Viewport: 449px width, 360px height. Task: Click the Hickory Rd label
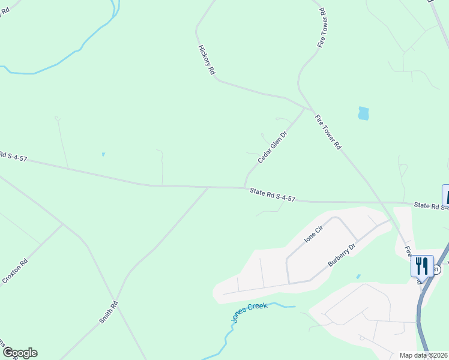[206, 59]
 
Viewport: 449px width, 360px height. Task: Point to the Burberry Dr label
[342, 255]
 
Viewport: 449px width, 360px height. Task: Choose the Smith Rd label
[109, 313]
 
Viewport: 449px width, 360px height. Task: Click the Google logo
[19, 353]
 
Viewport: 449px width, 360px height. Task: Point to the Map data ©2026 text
[423, 355]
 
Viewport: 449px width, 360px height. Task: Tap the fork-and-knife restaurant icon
[422, 265]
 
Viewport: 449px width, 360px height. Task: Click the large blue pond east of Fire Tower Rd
[363, 113]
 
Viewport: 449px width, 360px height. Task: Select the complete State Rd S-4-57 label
[273, 194]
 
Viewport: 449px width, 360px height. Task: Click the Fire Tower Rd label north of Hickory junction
[322, 28]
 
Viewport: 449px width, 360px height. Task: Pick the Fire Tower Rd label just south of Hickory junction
[328, 133]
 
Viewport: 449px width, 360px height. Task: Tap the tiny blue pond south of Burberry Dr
[358, 277]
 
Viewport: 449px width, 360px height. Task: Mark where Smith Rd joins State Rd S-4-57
[208, 187]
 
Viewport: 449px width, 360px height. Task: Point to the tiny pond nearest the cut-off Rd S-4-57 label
[103, 154]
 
